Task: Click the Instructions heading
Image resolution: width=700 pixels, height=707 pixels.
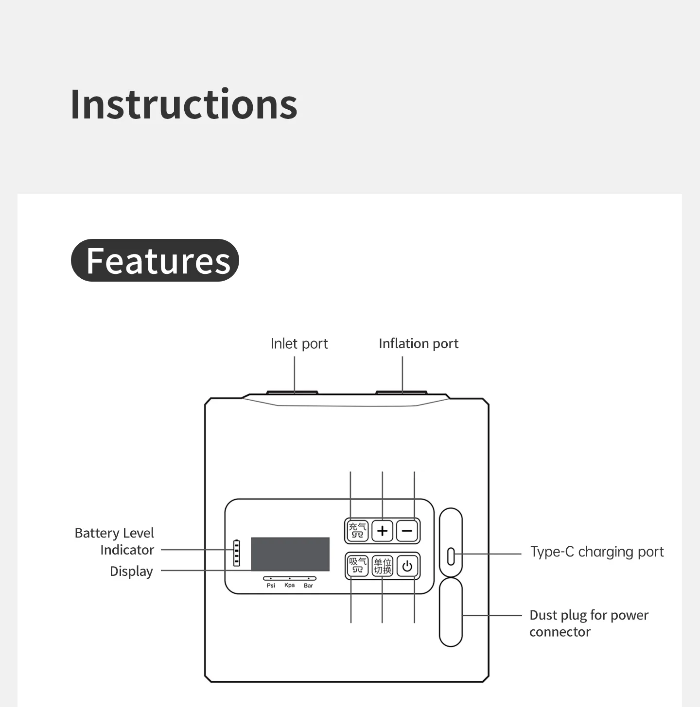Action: point(184,104)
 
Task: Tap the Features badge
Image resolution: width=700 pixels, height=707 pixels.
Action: point(155,260)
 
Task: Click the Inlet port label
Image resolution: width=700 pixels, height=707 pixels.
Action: point(299,344)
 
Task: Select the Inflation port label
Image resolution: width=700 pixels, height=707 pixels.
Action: point(419,344)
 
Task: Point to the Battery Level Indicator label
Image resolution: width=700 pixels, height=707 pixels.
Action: point(114,541)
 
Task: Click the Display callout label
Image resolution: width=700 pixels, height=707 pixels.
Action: point(131,571)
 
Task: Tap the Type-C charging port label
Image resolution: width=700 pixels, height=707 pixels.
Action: point(597,552)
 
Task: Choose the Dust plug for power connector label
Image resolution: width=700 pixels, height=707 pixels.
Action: point(589,623)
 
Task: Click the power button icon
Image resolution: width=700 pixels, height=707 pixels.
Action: point(407,566)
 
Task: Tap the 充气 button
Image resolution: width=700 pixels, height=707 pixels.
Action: point(357,531)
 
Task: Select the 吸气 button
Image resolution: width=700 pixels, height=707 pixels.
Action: point(357,566)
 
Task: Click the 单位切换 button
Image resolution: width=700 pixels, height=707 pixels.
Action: point(382,566)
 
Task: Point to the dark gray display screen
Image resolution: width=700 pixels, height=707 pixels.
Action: point(290,554)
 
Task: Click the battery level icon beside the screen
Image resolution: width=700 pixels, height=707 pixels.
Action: point(237,553)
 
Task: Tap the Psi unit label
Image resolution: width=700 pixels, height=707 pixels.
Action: point(271,586)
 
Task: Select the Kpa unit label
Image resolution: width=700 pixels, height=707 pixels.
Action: point(290,585)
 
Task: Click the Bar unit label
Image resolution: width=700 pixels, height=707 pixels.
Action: point(308,586)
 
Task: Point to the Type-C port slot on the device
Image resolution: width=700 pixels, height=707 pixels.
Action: point(451,556)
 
